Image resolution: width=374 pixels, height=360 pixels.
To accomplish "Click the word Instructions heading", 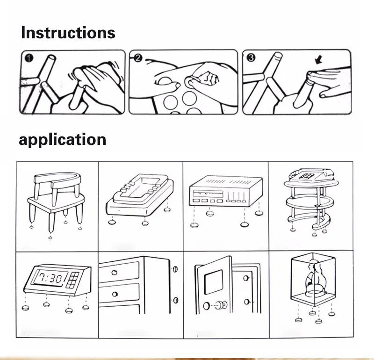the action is pyautogui.click(x=68, y=32).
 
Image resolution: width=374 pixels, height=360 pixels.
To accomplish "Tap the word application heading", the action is pyautogui.click(x=63, y=140).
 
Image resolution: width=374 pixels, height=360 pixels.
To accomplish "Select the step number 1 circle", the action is pyautogui.click(x=29, y=58).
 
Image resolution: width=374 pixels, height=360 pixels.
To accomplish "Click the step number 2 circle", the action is pyautogui.click(x=138, y=58).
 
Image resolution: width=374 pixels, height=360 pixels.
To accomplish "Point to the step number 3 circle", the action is pyautogui.click(x=251, y=58).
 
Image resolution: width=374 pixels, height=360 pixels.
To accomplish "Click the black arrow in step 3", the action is pyautogui.click(x=319, y=60).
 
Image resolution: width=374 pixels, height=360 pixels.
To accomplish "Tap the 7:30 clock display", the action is pyautogui.click(x=50, y=278).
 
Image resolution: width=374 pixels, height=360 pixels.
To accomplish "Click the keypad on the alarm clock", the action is pyautogui.click(x=72, y=280).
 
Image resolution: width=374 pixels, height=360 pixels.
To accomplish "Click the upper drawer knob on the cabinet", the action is pyautogui.click(x=114, y=272).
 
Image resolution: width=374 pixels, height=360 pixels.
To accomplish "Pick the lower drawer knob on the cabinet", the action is pyautogui.click(x=115, y=294).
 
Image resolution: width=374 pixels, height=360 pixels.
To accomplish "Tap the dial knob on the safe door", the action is pyautogui.click(x=221, y=305).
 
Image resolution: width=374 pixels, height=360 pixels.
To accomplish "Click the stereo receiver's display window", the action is pyautogui.click(x=208, y=194).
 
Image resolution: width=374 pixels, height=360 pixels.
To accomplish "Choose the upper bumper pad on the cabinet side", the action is pyautogui.click(x=175, y=269).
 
